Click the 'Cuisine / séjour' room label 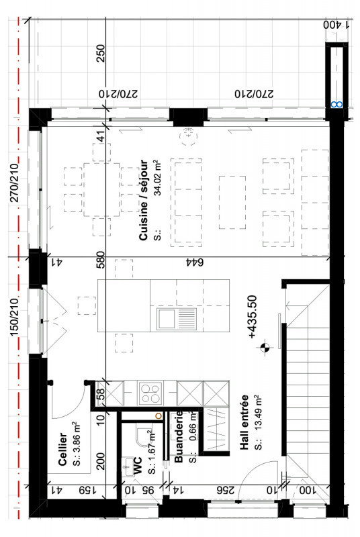point(144,200)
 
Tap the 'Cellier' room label point(62,449)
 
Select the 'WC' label point(138,465)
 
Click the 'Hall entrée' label point(244,422)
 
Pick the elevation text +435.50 point(252,317)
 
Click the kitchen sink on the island point(177,319)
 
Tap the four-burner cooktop point(150,393)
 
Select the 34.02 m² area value point(157,177)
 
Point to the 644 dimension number point(195,262)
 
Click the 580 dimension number point(100,260)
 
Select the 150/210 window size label point(14,317)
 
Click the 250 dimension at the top point(101,53)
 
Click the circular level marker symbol point(265,348)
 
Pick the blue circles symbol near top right point(336,105)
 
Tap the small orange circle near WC point(159,416)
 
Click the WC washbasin point(128,466)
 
